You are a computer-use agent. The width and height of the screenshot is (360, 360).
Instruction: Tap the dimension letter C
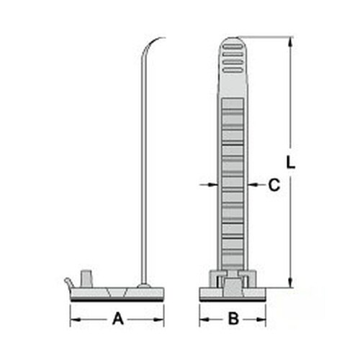[x=273, y=185]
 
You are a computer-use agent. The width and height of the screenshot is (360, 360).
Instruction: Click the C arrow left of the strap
[x=210, y=185]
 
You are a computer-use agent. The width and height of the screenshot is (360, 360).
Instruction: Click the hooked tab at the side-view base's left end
[x=68, y=282]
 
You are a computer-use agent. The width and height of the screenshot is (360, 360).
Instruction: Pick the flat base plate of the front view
[x=233, y=293]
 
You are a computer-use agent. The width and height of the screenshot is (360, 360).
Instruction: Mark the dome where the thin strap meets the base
[x=144, y=286]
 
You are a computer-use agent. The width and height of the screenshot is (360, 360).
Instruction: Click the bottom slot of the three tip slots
[x=233, y=69]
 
